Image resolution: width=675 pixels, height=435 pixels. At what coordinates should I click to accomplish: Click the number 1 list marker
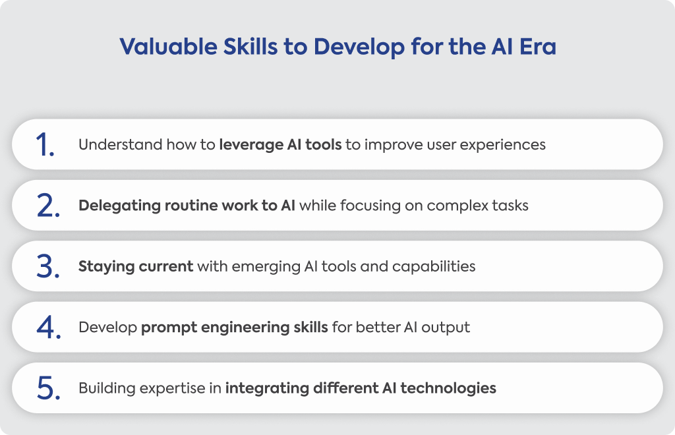[x=45, y=144]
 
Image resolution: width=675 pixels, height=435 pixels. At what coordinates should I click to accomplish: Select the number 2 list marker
[x=47, y=206]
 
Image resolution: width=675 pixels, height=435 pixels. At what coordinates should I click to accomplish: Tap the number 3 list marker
[x=47, y=267]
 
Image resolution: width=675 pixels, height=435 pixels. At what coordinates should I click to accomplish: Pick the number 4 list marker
[x=48, y=328]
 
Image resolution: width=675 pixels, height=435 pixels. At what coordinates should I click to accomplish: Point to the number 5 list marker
[x=47, y=388]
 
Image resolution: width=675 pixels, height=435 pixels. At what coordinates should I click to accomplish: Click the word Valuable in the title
[x=168, y=47]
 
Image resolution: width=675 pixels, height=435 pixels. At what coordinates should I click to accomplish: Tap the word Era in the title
[x=538, y=47]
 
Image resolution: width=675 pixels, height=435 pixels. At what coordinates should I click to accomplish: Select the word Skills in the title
[x=250, y=47]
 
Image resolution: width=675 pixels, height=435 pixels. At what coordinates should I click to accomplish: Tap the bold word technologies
[x=448, y=389]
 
